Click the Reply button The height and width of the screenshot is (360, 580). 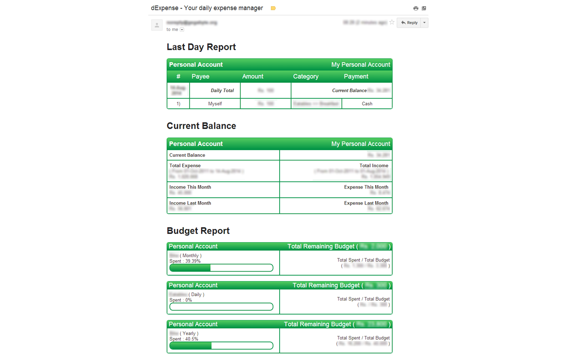[x=409, y=23]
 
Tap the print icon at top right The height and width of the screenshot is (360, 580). [x=416, y=8]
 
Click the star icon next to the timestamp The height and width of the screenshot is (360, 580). [x=392, y=22]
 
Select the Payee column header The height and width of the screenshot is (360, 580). [x=200, y=76]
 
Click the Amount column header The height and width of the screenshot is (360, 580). [x=252, y=76]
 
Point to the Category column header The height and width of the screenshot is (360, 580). [x=306, y=76]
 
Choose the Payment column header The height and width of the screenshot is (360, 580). [x=356, y=76]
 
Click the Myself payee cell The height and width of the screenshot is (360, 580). [x=215, y=104]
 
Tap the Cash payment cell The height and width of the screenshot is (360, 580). [x=367, y=104]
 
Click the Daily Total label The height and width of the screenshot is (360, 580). [x=222, y=91]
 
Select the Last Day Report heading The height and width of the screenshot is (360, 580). [x=201, y=47]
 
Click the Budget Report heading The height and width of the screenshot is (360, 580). [x=198, y=231]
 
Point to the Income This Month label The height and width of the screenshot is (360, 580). [x=190, y=187]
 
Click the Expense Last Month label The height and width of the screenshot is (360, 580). [x=366, y=203]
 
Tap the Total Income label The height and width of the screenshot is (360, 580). [x=374, y=166]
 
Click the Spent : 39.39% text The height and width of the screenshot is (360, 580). [x=185, y=261]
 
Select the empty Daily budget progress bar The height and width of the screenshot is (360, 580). [x=221, y=307]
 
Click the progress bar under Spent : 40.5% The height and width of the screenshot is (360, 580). [x=221, y=346]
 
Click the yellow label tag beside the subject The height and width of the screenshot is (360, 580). [x=273, y=8]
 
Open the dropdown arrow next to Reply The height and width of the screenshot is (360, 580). [x=425, y=23]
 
